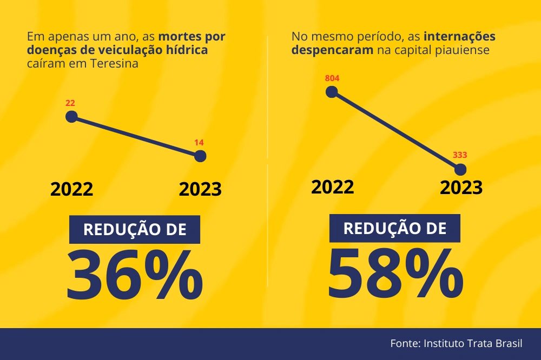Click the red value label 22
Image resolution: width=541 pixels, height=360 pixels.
tap(70, 103)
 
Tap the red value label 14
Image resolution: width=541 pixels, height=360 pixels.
tap(199, 143)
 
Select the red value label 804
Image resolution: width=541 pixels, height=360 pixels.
tap(332, 78)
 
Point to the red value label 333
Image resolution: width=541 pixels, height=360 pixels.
tap(460, 155)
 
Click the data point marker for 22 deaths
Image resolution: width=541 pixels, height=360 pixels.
tap(71, 117)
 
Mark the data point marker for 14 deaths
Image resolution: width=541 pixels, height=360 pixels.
tap(200, 156)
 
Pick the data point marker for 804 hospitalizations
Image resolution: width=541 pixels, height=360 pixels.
tap(332, 92)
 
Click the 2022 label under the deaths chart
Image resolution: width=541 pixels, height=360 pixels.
tap(72, 190)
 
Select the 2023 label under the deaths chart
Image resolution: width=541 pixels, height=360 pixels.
tap(200, 190)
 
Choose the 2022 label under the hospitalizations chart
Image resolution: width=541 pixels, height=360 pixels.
tap(333, 186)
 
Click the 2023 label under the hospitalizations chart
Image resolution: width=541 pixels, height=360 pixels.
tap(461, 188)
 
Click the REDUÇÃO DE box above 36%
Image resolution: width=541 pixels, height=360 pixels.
tap(135, 229)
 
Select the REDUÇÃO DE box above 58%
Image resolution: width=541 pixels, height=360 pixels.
tap(395, 228)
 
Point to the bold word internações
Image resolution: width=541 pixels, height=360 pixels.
tap(459, 37)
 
